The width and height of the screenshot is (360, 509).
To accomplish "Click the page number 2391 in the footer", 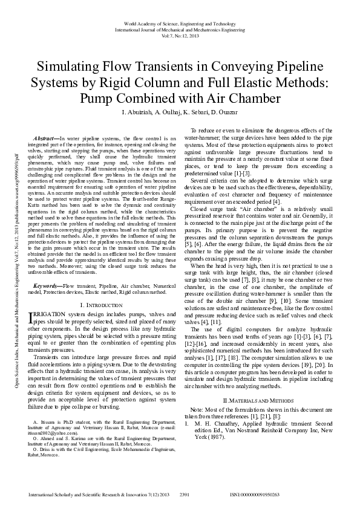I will (x=186, y=494).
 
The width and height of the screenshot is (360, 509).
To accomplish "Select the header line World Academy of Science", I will (x=180, y=23).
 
